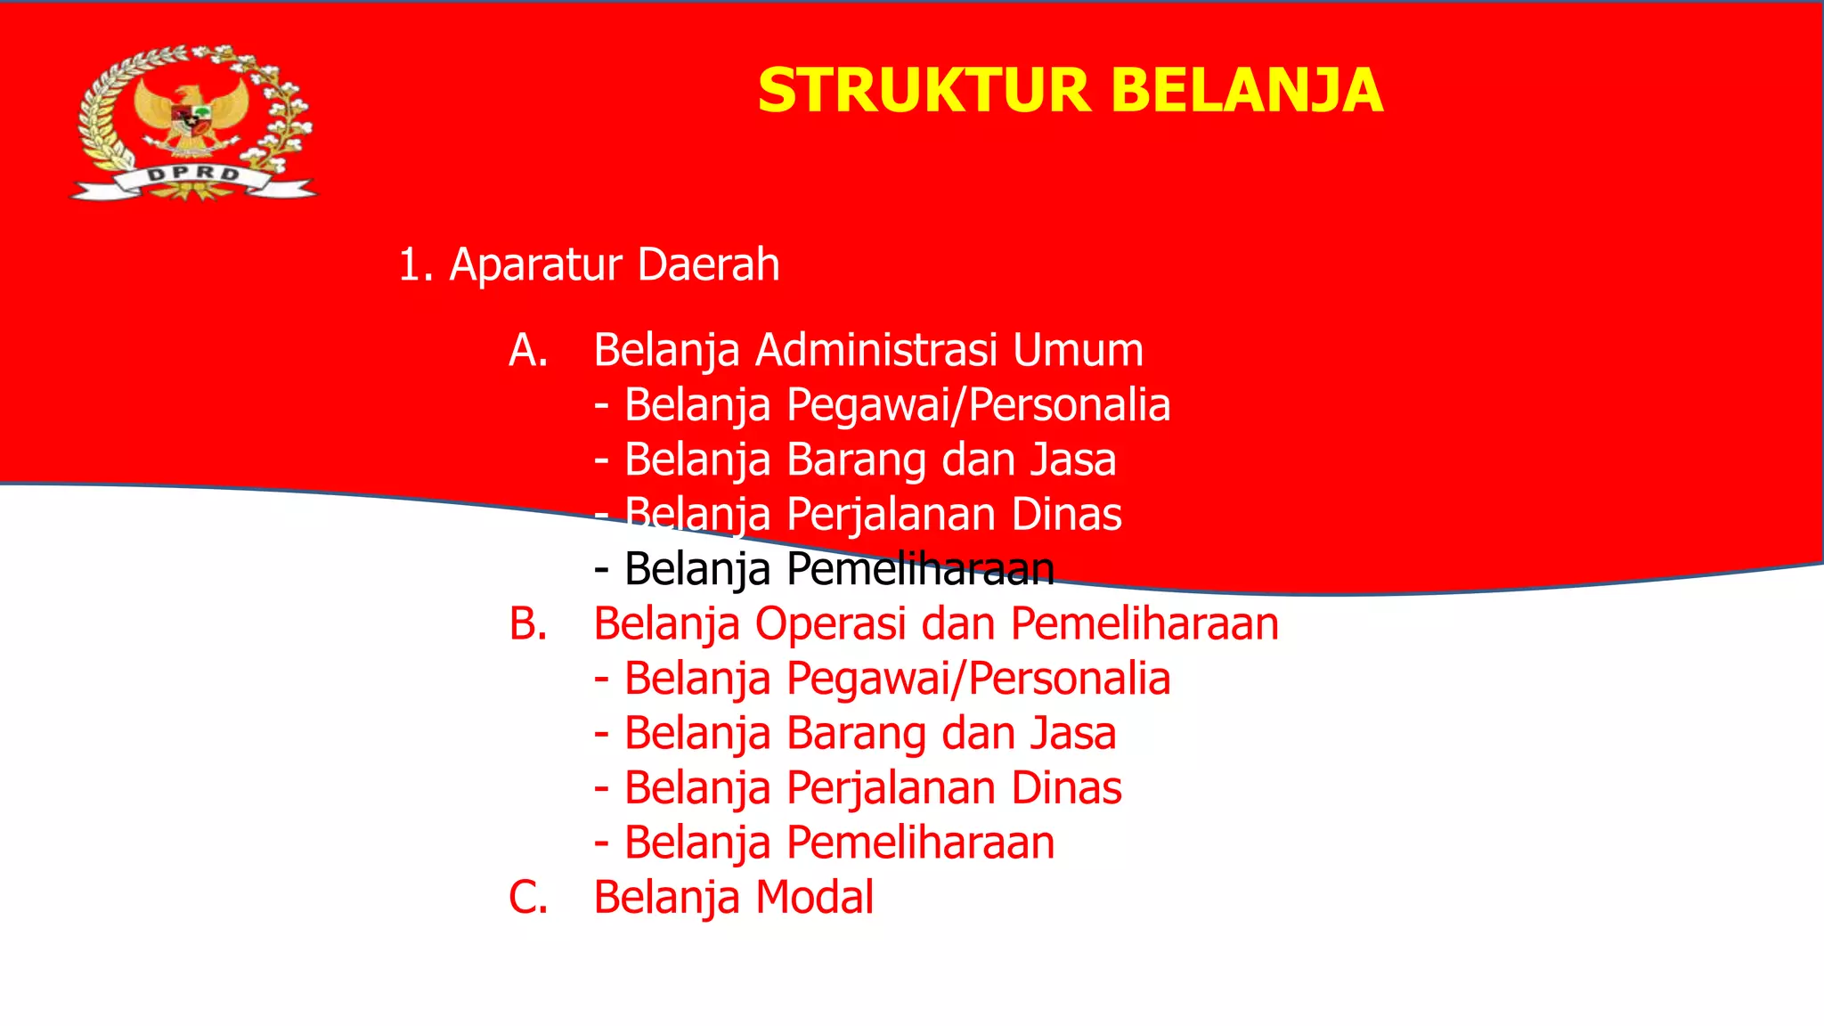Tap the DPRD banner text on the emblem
193,174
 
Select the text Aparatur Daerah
615,265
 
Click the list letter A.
527,350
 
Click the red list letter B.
527,623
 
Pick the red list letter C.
527,897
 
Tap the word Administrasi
876,350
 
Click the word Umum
1078,350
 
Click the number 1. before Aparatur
414,265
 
